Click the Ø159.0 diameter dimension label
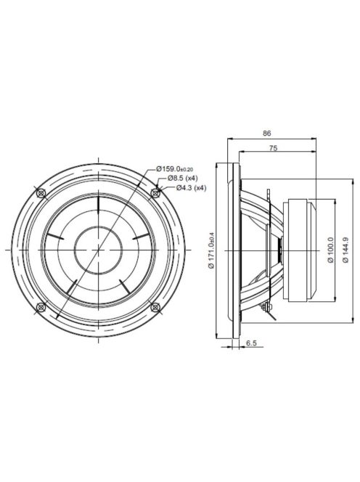click(x=174, y=168)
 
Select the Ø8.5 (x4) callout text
click(x=183, y=178)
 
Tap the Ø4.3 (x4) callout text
click(x=191, y=188)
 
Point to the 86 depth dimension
click(x=267, y=134)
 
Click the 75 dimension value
click(x=273, y=148)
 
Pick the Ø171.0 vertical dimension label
click(x=211, y=250)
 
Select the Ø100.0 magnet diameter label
click(x=330, y=250)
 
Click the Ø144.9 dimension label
click(x=345, y=250)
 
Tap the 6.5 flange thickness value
click(x=251, y=343)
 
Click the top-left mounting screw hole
click(x=41, y=193)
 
